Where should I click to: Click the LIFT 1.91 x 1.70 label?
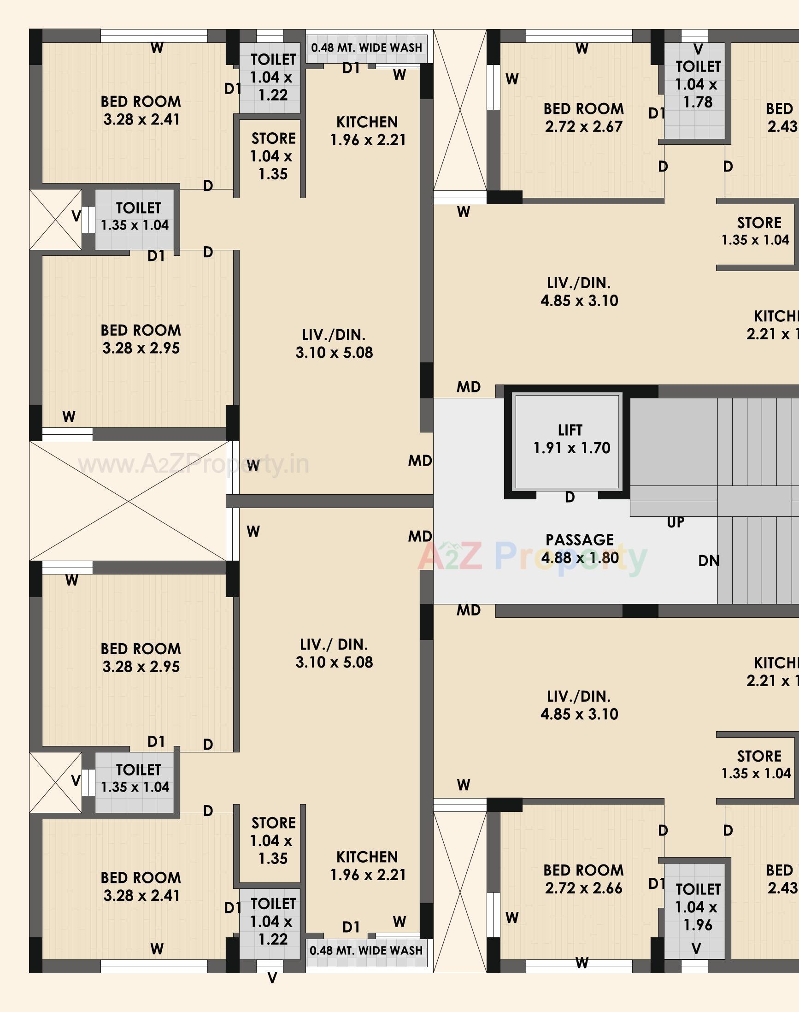coord(571,439)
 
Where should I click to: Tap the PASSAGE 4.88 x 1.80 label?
coord(580,549)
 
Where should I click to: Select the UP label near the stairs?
coord(675,522)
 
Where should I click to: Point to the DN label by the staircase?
coord(708,561)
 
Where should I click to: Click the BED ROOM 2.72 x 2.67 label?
coord(583,118)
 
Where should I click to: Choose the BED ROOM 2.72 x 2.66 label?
coord(583,879)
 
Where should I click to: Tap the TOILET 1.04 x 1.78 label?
coord(698,84)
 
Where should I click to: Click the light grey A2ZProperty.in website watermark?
coord(193,465)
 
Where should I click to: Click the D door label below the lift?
coord(570,497)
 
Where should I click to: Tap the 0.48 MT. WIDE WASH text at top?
coord(366,48)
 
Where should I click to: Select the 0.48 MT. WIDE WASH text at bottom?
coord(366,950)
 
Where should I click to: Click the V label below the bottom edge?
coord(272,978)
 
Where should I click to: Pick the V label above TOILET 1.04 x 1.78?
coord(698,49)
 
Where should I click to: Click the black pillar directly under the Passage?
coord(640,611)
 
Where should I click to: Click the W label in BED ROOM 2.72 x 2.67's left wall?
coord(512,79)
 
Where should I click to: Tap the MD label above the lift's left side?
coord(468,387)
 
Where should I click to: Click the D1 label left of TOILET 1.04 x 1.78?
coord(656,113)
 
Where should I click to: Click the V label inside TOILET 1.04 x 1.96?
coord(696,949)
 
